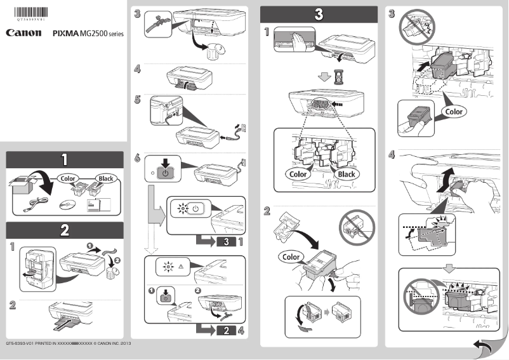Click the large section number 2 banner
click(65, 230)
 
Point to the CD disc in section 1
click(65, 204)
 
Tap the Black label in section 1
click(105, 178)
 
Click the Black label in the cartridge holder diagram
click(347, 174)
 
